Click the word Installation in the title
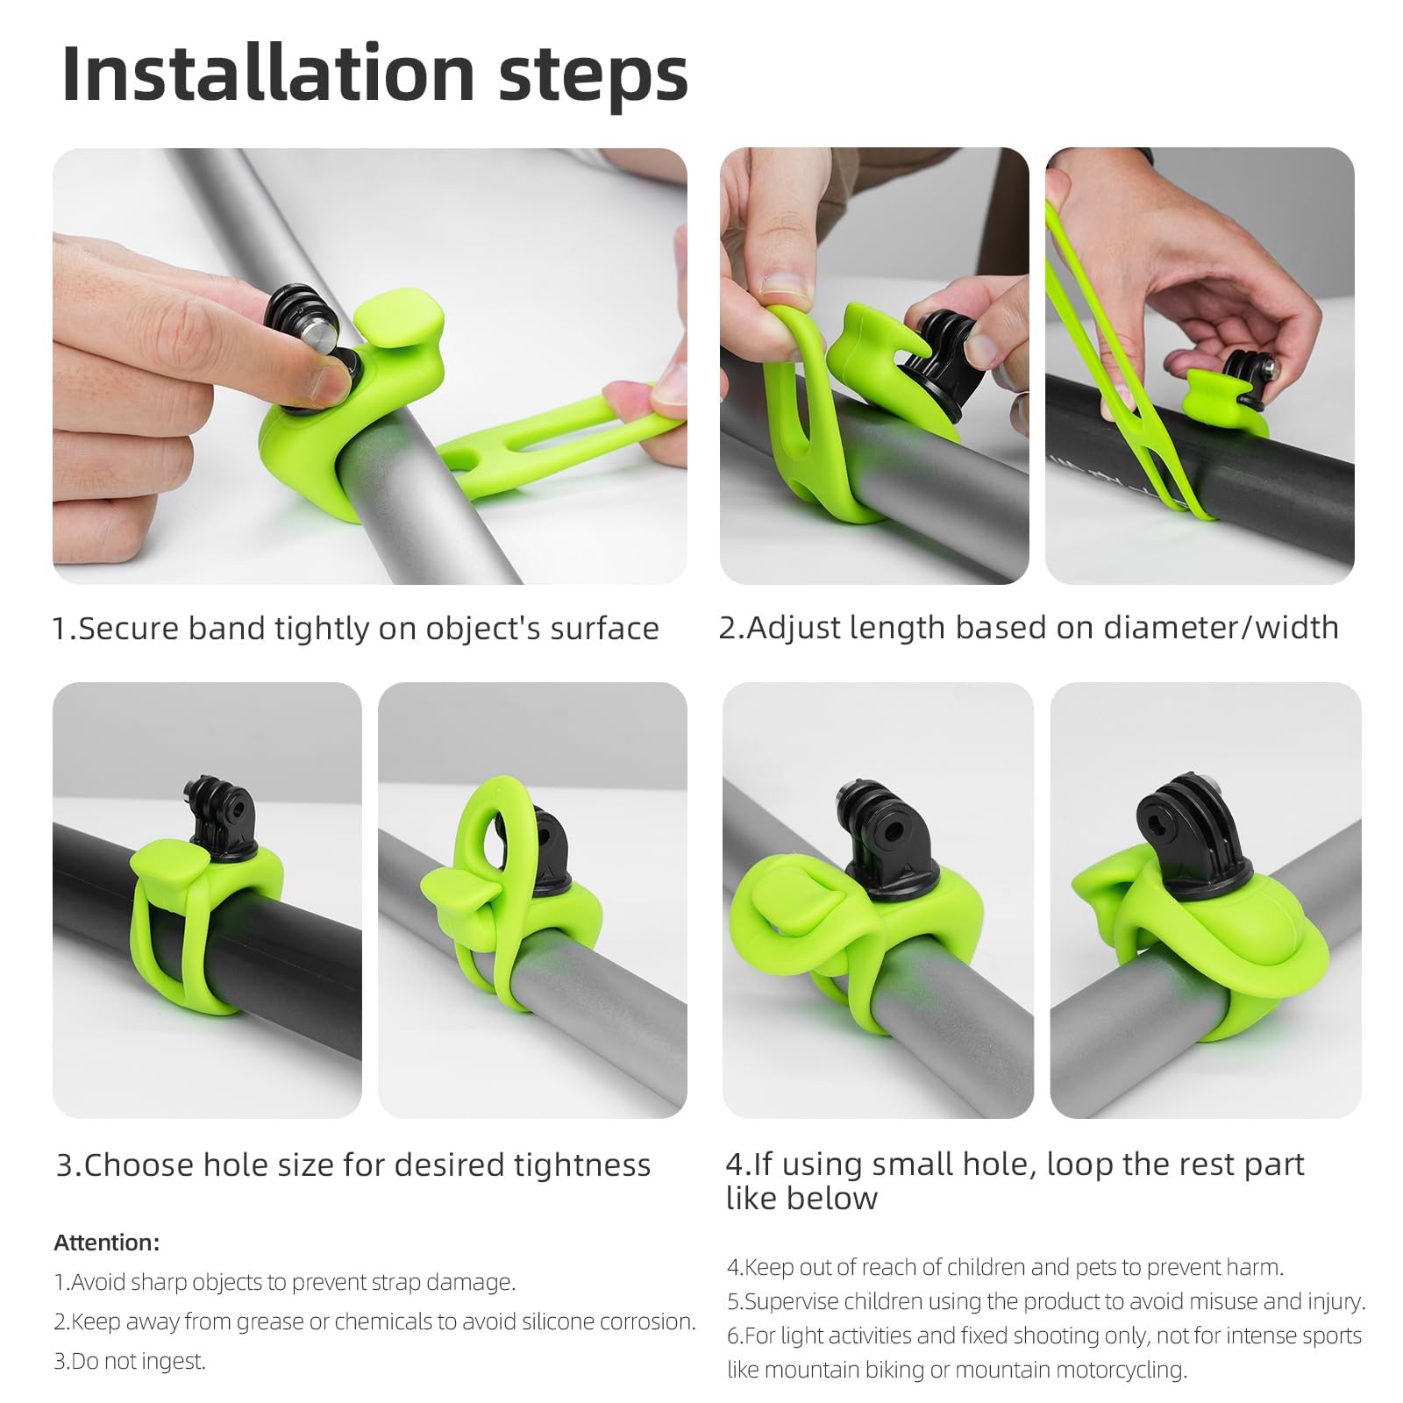[267, 75]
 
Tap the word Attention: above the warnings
[106, 1243]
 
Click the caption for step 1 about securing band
[355, 629]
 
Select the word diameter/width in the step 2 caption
[1221, 628]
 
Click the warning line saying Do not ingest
[130, 1361]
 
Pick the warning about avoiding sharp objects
[285, 1282]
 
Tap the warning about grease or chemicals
[375, 1321]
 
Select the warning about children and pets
[1005, 1267]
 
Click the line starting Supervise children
[1045, 1301]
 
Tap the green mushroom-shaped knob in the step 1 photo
[399, 319]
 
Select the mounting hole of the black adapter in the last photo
[1179, 820]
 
